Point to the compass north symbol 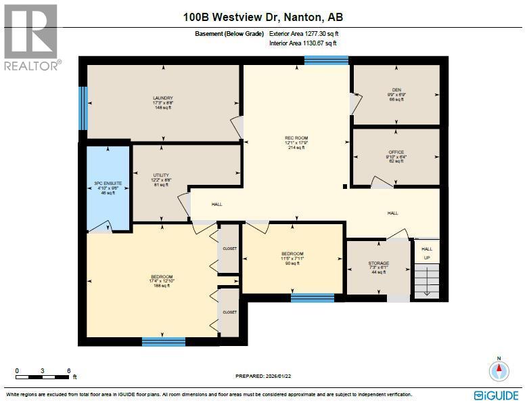click(x=499, y=370)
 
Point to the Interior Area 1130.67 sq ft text click(x=302, y=43)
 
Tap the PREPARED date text click(x=263, y=376)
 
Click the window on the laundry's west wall click(x=83, y=108)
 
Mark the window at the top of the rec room click(x=326, y=60)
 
